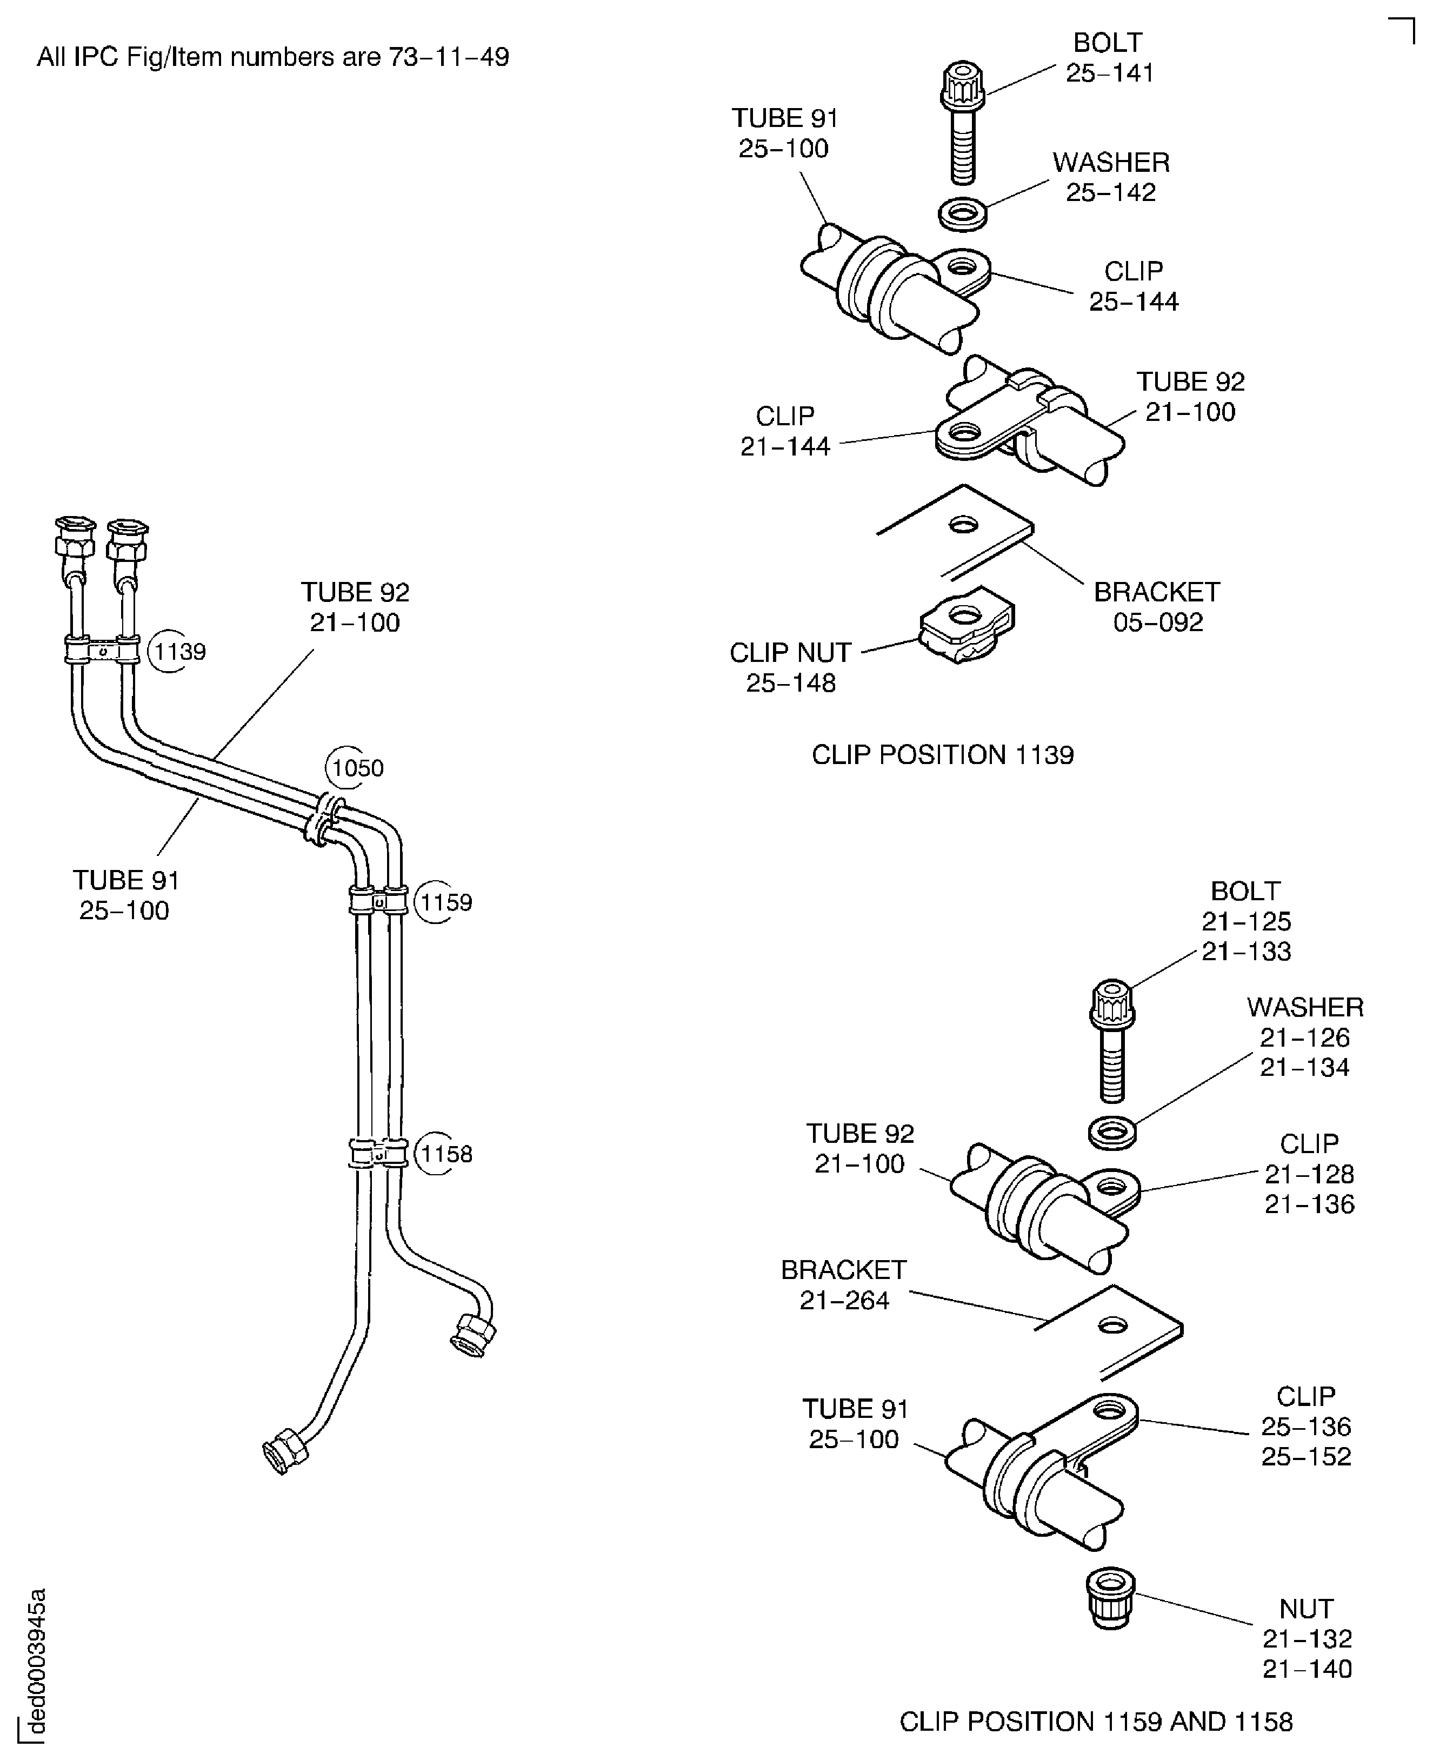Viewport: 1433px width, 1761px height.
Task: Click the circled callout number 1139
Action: coord(179,652)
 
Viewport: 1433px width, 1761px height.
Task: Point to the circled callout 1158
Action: coord(446,1154)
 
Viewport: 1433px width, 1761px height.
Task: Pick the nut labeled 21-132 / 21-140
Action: coord(1110,1598)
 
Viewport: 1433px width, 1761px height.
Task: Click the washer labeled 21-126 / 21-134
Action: coord(1112,1133)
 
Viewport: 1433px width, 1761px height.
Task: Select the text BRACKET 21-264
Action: coord(844,1285)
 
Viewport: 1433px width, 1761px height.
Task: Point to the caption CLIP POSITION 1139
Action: coord(943,755)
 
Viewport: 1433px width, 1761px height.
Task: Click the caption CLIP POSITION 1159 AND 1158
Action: coord(1095,1722)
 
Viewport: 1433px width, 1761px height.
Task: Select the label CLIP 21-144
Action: coord(785,431)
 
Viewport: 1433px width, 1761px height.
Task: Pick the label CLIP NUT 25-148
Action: coord(791,667)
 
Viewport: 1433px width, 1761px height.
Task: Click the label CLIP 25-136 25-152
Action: coord(1306,1426)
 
